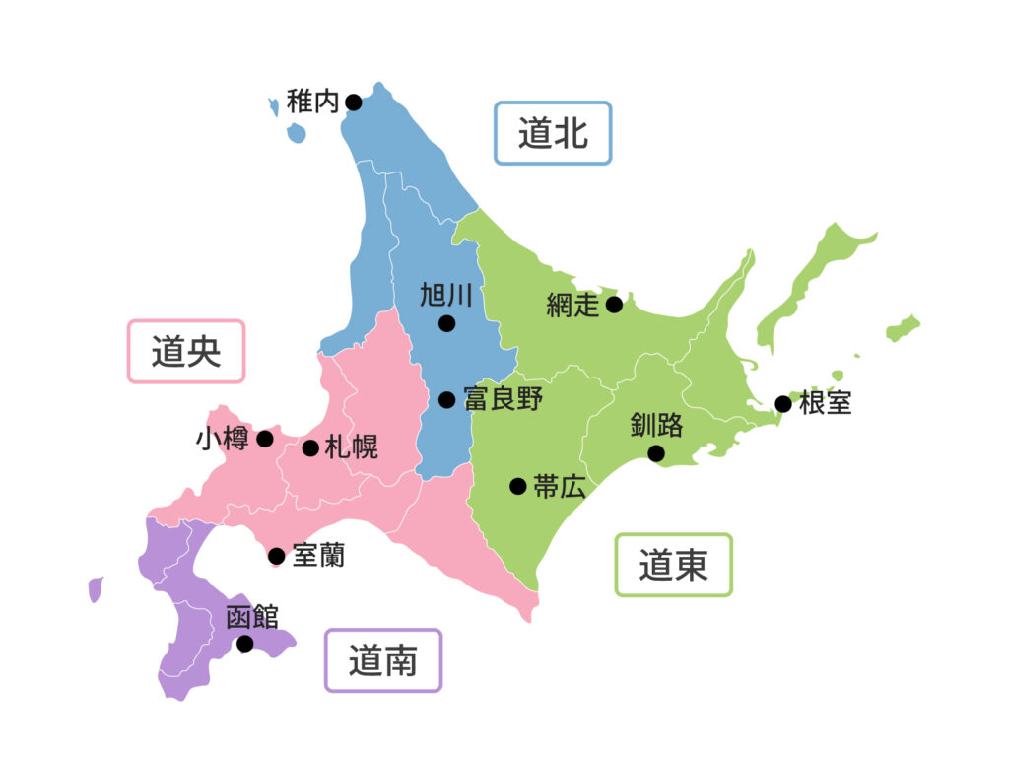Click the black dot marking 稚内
353,103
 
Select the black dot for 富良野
446,399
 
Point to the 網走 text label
572,306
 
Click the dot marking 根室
783,403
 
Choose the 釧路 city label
656,426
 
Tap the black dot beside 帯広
517,486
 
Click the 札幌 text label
351,448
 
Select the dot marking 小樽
265,439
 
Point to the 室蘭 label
318,556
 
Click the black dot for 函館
244,644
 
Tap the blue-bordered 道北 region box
553,133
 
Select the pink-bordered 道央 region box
186,351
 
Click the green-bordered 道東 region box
674,565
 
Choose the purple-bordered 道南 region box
383,660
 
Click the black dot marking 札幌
310,448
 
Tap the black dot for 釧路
655,453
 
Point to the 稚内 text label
312,102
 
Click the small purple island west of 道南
96,589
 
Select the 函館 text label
252,618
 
